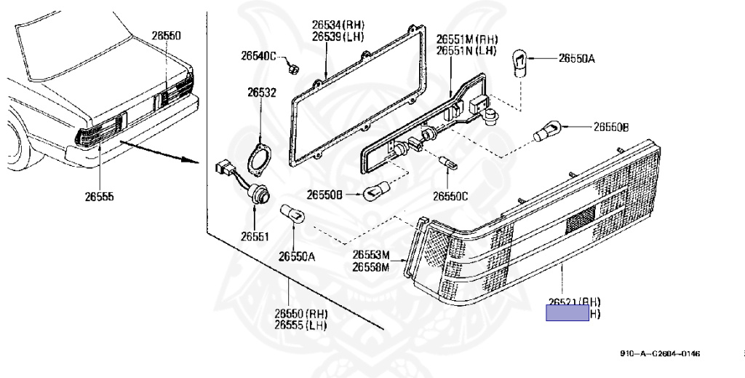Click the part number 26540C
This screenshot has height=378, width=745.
click(258, 56)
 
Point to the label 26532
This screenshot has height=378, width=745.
click(261, 92)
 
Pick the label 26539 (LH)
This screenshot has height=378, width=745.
click(338, 37)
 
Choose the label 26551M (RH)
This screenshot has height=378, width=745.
click(467, 39)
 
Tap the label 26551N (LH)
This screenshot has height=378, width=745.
click(467, 50)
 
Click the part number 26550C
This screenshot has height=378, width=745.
click(450, 196)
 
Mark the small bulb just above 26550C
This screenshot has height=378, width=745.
click(447, 162)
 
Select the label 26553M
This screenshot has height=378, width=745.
click(371, 255)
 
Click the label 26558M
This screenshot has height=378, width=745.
click(371, 267)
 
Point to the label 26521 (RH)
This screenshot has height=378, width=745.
click(575, 302)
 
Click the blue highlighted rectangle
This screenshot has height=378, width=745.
click(567, 314)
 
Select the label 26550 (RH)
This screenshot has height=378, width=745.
click(301, 314)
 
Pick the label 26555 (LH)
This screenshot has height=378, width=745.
click(301, 325)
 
